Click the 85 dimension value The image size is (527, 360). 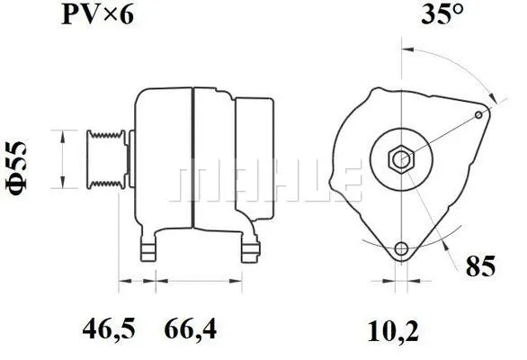tap(482, 266)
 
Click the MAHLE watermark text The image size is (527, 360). tap(270, 181)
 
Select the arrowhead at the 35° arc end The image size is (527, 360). tap(491, 100)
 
